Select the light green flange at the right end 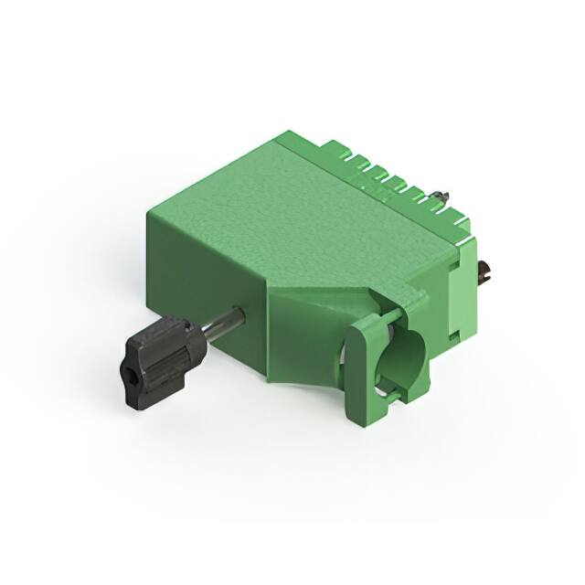[469, 283]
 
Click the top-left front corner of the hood [149, 213]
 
